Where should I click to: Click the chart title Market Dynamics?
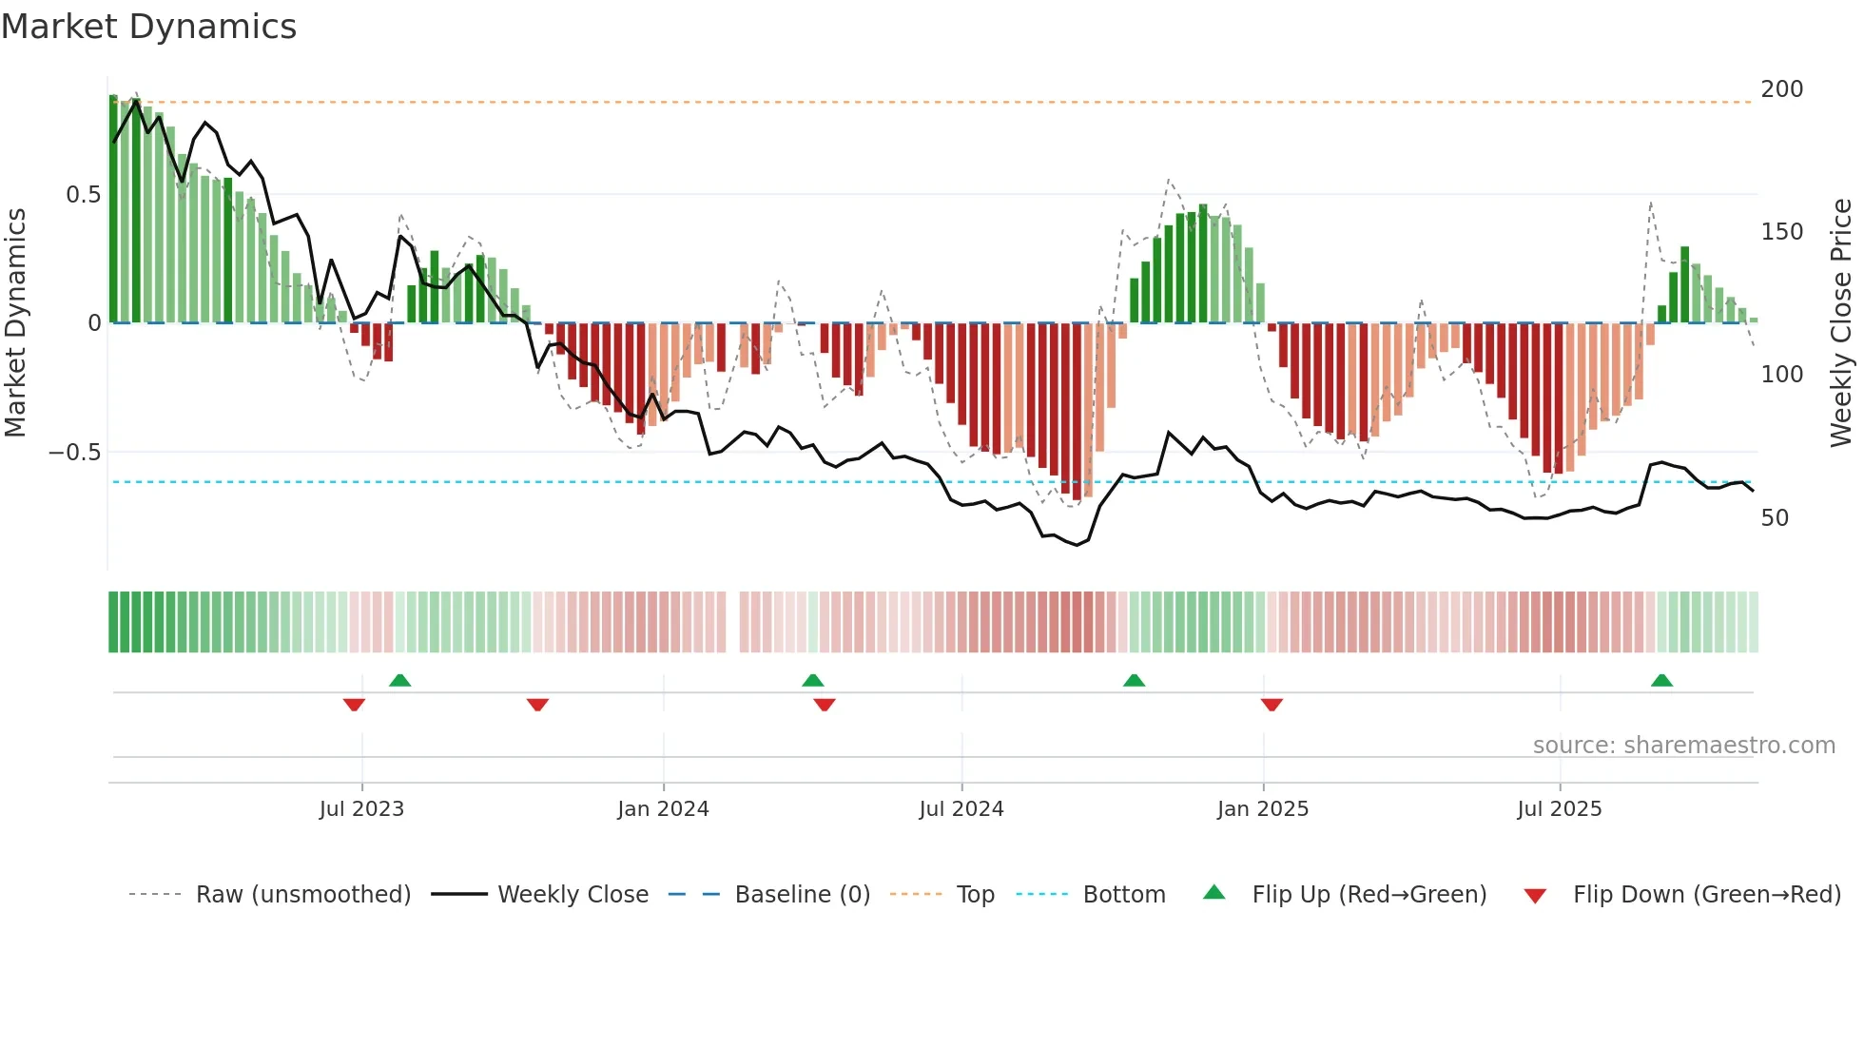[149, 27]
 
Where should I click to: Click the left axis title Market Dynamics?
[15, 322]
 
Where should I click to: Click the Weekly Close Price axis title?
[1841, 322]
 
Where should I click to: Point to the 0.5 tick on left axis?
[83, 195]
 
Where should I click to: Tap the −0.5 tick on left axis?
[75, 453]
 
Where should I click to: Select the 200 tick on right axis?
[1781, 89]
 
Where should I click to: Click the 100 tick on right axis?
[1781, 375]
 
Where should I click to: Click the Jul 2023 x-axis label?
[361, 809]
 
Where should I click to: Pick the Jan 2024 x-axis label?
[663, 809]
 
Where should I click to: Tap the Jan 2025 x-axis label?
[1262, 809]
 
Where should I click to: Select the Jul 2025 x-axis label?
[1559, 809]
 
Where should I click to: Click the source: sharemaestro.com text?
[1683, 746]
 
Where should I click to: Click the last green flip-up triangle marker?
[1661, 681]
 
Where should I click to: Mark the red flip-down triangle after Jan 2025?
[1272, 705]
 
